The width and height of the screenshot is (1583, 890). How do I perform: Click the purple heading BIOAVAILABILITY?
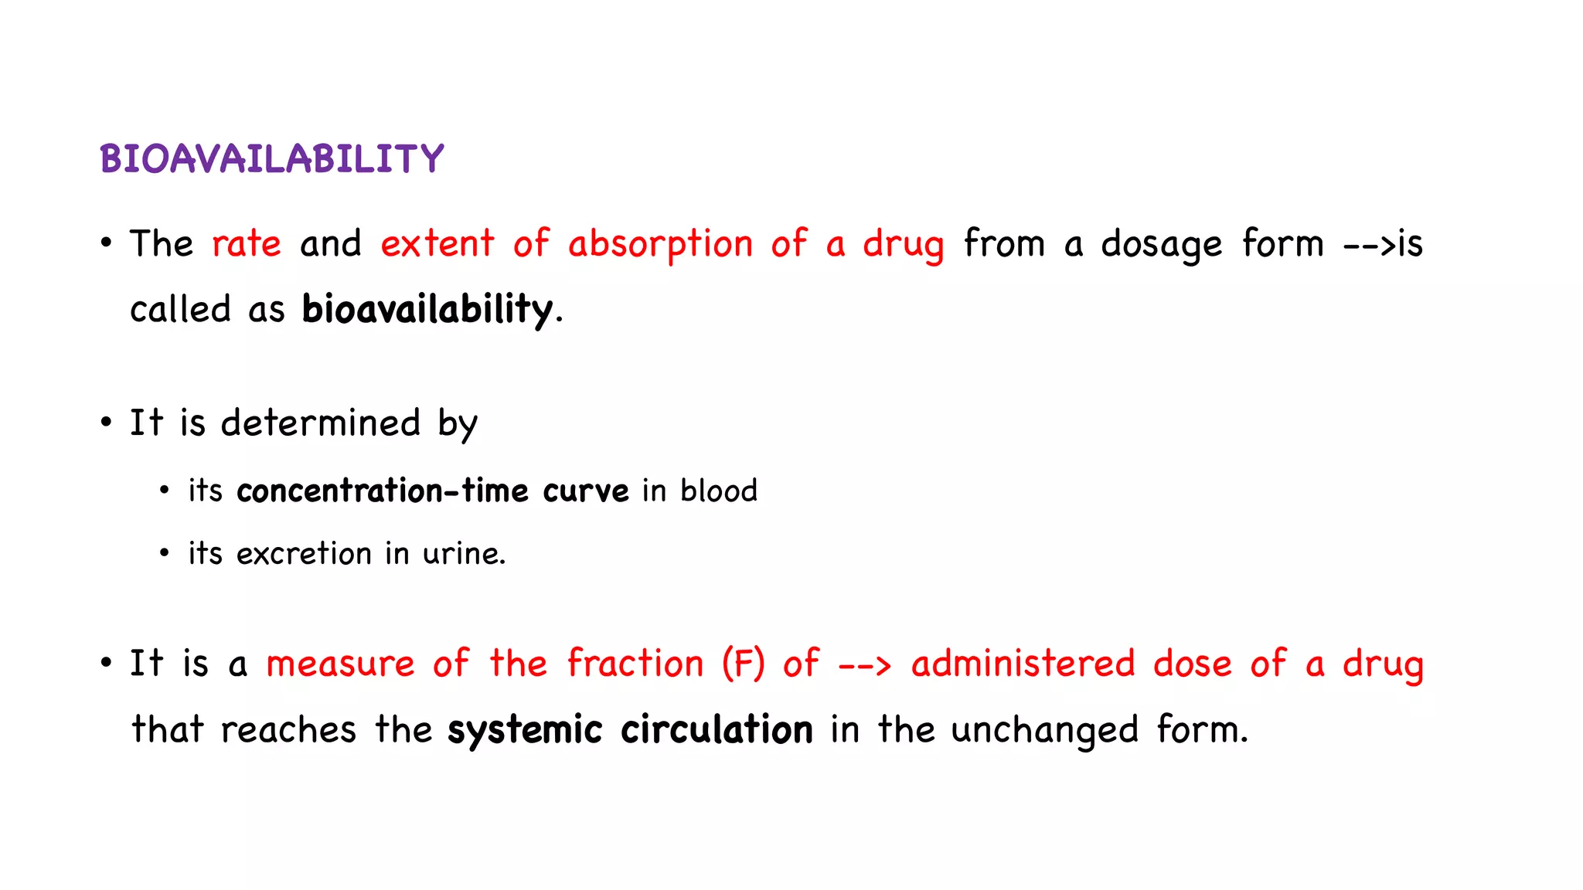coord(271,159)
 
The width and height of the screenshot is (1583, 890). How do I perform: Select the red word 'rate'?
coord(247,244)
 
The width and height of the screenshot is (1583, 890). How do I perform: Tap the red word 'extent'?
coord(437,244)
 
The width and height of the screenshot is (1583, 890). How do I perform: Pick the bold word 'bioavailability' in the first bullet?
coord(427,310)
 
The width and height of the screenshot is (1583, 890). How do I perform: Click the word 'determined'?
coord(321,423)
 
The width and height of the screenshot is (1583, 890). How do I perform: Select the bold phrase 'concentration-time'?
coord(383,491)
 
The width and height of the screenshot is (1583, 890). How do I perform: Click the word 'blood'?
coord(719,491)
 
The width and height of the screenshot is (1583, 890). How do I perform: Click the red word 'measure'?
coord(340,664)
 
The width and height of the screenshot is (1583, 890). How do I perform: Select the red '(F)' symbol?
coord(743,664)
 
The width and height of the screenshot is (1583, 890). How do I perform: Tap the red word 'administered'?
coord(1023,664)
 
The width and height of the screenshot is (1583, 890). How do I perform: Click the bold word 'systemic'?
coord(525,730)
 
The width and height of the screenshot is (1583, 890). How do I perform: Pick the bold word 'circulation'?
coord(717,730)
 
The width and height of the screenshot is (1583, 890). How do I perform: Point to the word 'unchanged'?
coord(1044,731)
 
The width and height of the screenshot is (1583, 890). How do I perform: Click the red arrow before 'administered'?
coord(865,665)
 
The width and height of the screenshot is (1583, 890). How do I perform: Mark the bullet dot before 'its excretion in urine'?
coord(164,553)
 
